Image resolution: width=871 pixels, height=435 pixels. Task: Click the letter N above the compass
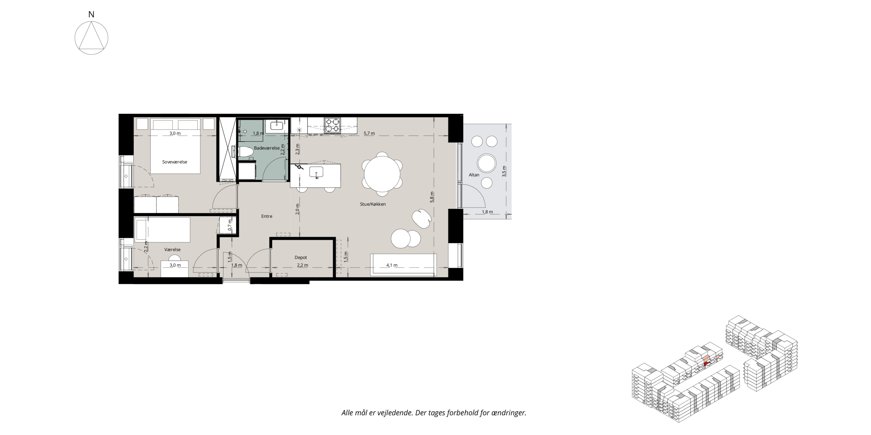(91, 15)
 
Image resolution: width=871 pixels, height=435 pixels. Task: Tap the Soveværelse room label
(175, 162)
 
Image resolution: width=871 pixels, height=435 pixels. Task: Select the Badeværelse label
(267, 148)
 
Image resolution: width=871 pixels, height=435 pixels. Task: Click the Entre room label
(267, 216)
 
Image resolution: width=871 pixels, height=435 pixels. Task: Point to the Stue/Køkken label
(373, 204)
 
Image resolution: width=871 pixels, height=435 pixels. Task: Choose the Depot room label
(301, 258)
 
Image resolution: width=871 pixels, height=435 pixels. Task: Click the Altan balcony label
(474, 175)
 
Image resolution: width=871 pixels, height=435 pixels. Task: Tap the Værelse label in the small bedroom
(172, 249)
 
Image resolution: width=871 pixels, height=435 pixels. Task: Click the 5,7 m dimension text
(369, 134)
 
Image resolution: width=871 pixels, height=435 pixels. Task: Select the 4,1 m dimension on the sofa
(392, 265)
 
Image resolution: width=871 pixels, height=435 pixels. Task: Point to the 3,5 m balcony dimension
(504, 170)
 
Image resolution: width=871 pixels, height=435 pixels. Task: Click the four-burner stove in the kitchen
(332, 125)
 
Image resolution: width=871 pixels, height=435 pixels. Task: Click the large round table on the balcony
(487, 163)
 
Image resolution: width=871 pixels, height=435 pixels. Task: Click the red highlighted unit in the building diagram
(706, 364)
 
